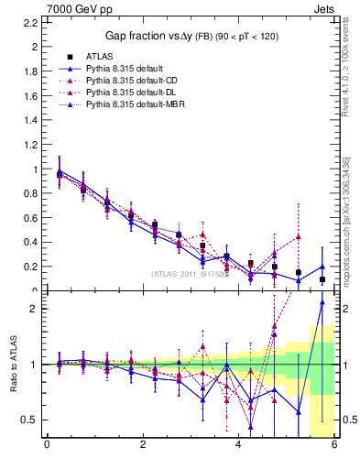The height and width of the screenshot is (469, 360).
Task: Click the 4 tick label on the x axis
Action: (238, 446)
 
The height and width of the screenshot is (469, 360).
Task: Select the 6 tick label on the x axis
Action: (334, 446)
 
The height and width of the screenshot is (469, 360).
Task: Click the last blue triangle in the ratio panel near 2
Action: (322, 302)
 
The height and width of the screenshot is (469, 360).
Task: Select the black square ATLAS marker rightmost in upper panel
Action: (322, 279)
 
